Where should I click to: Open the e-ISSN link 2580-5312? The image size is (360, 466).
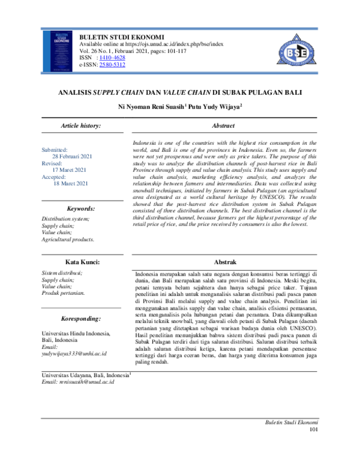[112, 64]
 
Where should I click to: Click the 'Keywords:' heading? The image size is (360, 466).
[81, 208]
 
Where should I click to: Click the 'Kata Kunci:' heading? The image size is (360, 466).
[81, 262]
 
